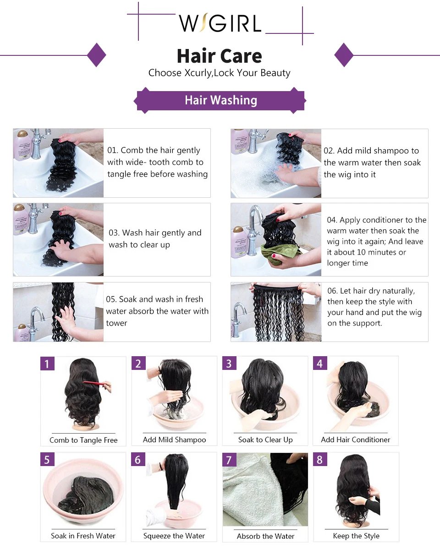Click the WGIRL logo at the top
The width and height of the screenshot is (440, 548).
pyautogui.click(x=220, y=23)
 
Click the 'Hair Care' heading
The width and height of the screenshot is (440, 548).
pyautogui.click(x=220, y=56)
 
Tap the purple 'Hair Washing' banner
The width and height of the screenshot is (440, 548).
pyautogui.click(x=221, y=100)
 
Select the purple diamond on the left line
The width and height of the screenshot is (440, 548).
pyautogui.click(x=96, y=55)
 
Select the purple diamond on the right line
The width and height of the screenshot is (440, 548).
pyautogui.click(x=344, y=55)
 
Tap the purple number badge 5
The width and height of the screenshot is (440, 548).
pyautogui.click(x=47, y=459)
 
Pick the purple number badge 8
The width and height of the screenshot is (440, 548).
pyautogui.click(x=320, y=459)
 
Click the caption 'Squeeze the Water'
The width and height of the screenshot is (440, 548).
pyautogui.click(x=174, y=536)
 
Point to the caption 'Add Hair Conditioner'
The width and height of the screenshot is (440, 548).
pyautogui.click(x=356, y=439)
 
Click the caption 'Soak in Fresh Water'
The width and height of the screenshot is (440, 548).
pyautogui.click(x=83, y=536)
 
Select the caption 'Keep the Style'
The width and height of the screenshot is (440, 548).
pyautogui.click(x=356, y=536)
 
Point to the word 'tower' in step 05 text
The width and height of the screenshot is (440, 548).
pyautogui.click(x=116, y=323)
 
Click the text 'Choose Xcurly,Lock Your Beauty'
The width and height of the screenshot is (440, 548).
pyautogui.click(x=220, y=73)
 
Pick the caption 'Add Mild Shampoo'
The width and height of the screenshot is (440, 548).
pyautogui.click(x=174, y=439)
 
